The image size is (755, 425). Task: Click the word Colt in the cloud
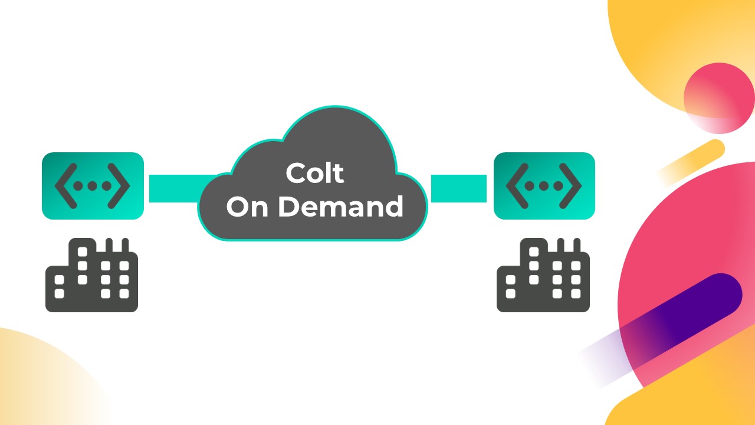(x=314, y=174)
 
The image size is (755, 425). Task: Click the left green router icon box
(x=93, y=186)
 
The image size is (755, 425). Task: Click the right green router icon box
(x=544, y=186)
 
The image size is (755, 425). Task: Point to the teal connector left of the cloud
(x=175, y=188)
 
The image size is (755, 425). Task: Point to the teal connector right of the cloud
(x=459, y=188)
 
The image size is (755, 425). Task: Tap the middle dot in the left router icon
(x=93, y=186)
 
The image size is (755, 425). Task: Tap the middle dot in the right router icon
(x=544, y=186)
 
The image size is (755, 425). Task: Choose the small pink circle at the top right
(x=719, y=97)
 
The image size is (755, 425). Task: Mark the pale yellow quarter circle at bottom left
(x=35, y=384)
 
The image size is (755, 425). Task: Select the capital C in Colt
(x=294, y=174)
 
